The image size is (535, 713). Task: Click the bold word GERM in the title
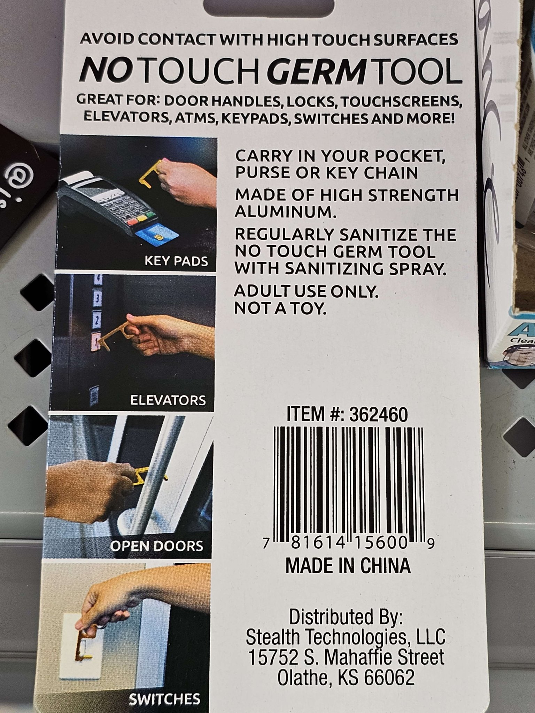pos(318,71)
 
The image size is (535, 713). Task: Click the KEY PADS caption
pos(176,261)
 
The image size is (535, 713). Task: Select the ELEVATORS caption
pos(168,400)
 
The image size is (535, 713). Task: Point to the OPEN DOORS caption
pos(157,546)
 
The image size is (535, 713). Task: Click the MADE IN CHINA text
pos(348,566)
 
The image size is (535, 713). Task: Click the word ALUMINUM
pos(286,211)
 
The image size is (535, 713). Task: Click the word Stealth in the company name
pos(273,637)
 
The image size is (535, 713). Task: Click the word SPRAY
pos(418,268)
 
